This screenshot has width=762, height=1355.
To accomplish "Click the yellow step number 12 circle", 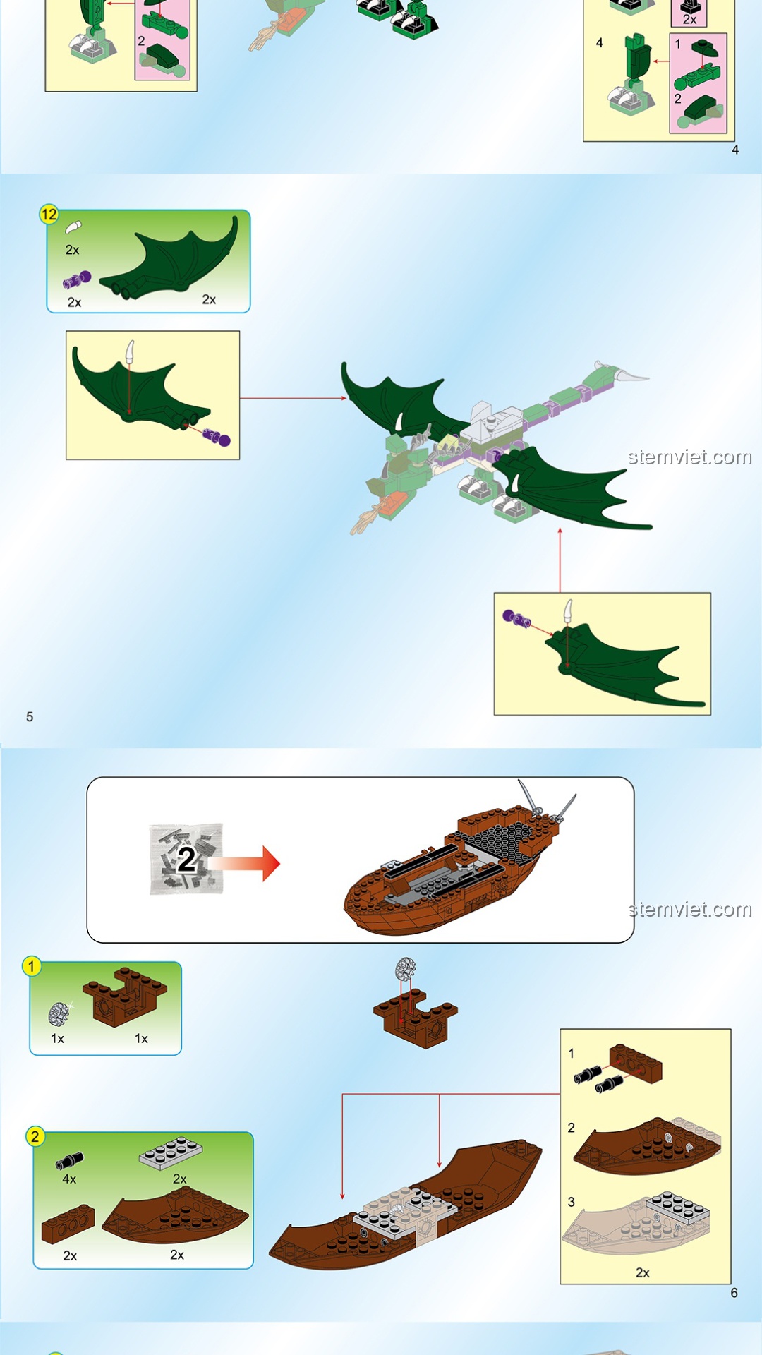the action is (49, 215).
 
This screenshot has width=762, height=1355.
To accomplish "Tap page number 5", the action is (30, 717).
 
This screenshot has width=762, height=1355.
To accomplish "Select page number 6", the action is (734, 1293).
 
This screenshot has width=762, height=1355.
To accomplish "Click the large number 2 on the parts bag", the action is (186, 860).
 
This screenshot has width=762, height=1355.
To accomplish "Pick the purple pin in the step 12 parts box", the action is (77, 280).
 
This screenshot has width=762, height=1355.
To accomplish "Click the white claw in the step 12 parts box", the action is (73, 227).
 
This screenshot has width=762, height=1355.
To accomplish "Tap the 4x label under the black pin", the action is (69, 1179).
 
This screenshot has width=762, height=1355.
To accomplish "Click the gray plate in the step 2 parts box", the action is (171, 1152).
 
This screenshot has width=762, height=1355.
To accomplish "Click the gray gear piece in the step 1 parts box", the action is (59, 1014).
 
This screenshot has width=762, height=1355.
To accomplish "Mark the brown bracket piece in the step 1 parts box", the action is (125, 996).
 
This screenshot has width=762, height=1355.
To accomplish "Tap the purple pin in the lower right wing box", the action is (516, 619).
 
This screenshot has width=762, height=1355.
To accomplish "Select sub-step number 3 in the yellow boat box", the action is (571, 1202).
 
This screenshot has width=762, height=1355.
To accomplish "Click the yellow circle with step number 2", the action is (35, 1137).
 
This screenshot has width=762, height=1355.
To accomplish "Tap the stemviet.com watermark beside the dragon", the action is (690, 457).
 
